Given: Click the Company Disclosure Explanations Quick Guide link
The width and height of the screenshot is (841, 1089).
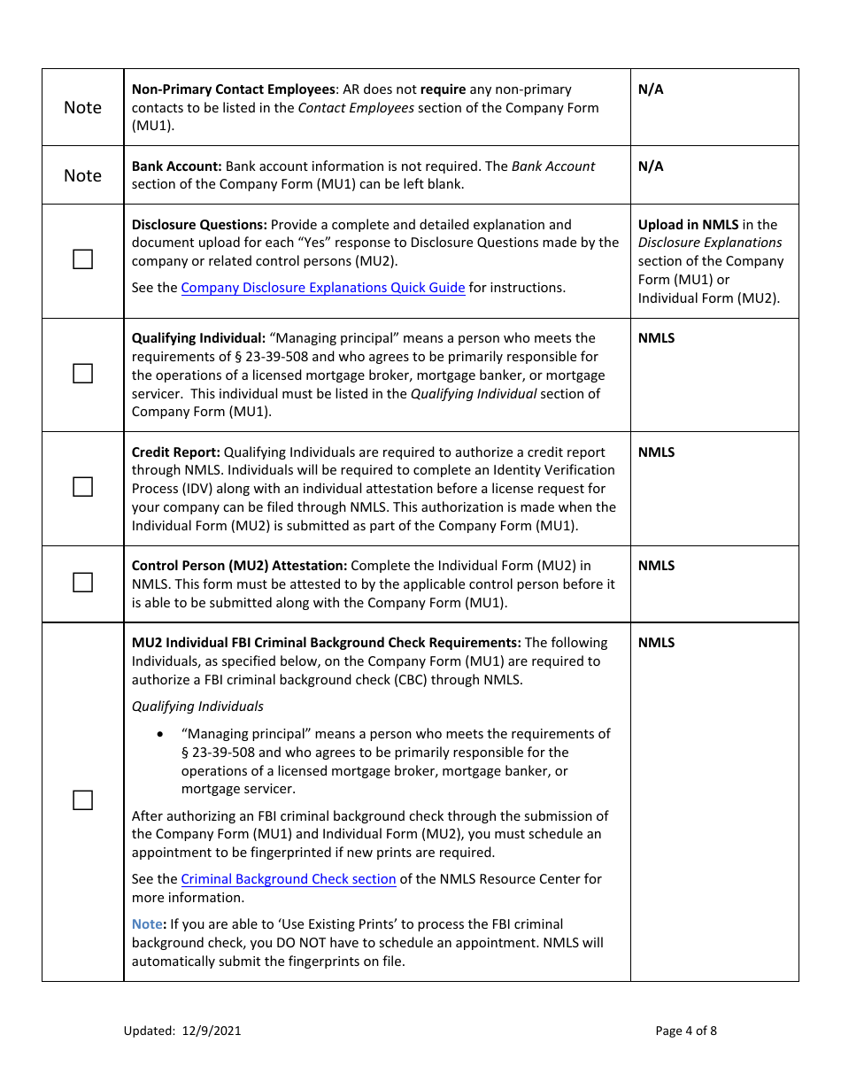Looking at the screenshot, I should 323,288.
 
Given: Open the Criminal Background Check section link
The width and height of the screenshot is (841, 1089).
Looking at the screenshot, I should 289,879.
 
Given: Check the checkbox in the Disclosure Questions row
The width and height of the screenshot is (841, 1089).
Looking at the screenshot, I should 82,259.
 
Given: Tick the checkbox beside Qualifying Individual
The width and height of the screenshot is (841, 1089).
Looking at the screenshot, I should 82,374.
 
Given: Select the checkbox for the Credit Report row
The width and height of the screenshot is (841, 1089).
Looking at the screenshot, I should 82,487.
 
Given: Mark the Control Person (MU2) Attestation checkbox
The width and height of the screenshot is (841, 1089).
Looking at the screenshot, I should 82,583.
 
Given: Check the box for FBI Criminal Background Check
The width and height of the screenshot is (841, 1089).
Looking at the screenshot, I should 82,800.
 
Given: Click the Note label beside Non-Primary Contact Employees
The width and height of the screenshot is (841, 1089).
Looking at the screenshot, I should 82,107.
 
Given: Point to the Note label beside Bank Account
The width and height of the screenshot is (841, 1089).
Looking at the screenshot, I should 82,175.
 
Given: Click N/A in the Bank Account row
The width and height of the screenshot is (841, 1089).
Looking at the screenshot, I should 651,166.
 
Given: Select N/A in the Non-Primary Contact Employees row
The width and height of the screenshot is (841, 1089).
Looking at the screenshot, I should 651,89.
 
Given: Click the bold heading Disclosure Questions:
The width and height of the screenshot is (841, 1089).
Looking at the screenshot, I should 199,225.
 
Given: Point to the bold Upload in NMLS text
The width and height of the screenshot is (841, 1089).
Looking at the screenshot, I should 688,225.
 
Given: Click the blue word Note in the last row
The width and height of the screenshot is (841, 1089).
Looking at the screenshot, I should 147,924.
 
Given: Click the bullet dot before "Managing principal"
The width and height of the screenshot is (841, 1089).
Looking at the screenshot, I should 160,735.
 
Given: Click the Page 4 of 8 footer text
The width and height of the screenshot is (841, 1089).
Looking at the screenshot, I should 686,1031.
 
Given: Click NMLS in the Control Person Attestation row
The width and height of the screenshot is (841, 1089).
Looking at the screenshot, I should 656,566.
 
